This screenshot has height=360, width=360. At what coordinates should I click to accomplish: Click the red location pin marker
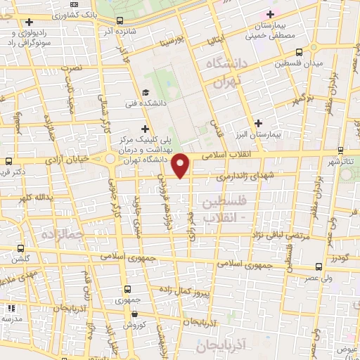tap(181, 165)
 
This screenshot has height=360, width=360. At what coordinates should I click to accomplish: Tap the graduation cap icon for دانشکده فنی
tap(146, 92)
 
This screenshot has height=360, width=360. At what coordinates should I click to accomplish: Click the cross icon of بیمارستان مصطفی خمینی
tap(270, 13)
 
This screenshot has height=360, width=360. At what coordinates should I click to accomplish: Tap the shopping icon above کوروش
tap(127, 314)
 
